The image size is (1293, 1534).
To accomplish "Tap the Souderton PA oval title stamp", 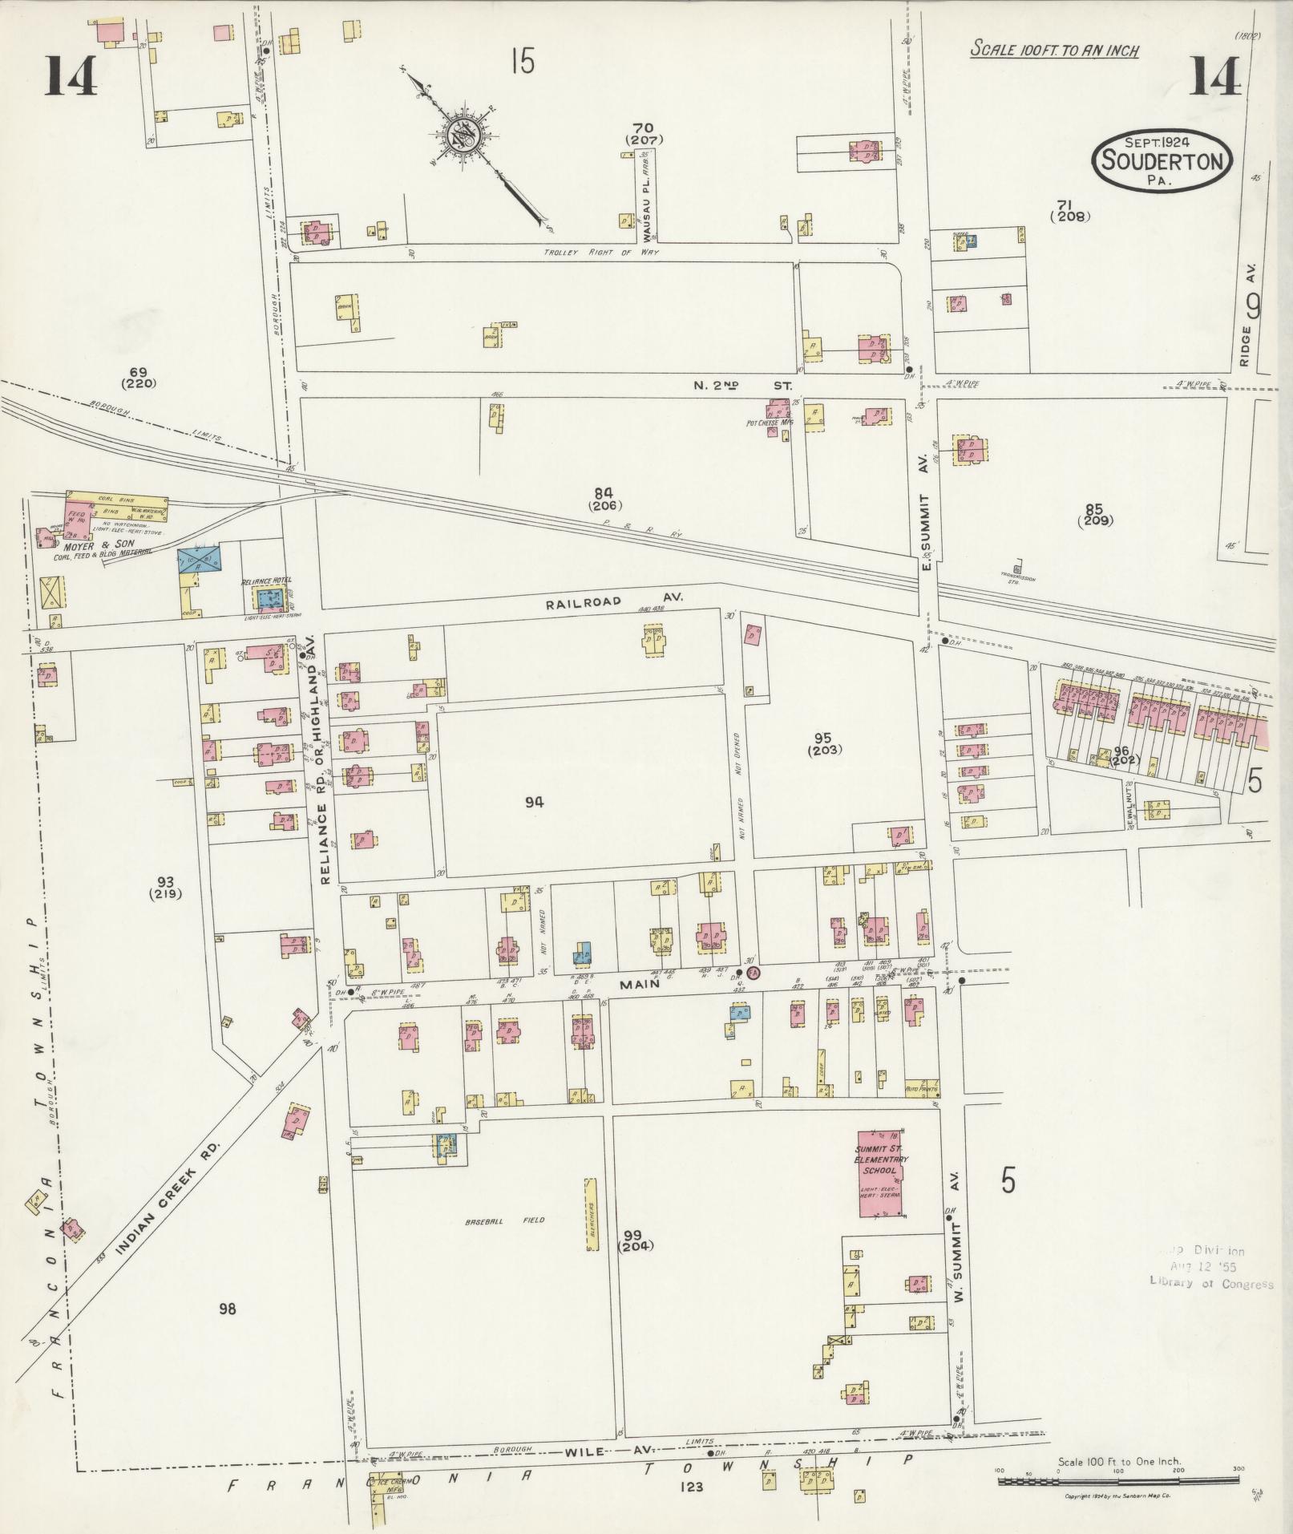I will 1162,160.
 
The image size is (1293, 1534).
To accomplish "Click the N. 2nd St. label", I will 742,386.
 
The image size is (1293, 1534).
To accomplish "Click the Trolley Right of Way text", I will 589,253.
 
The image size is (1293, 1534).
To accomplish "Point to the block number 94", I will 534,802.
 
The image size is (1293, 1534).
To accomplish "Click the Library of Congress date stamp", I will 1210,1268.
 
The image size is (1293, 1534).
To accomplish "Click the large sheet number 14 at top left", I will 71,77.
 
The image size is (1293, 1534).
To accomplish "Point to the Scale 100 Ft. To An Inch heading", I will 1054,50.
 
